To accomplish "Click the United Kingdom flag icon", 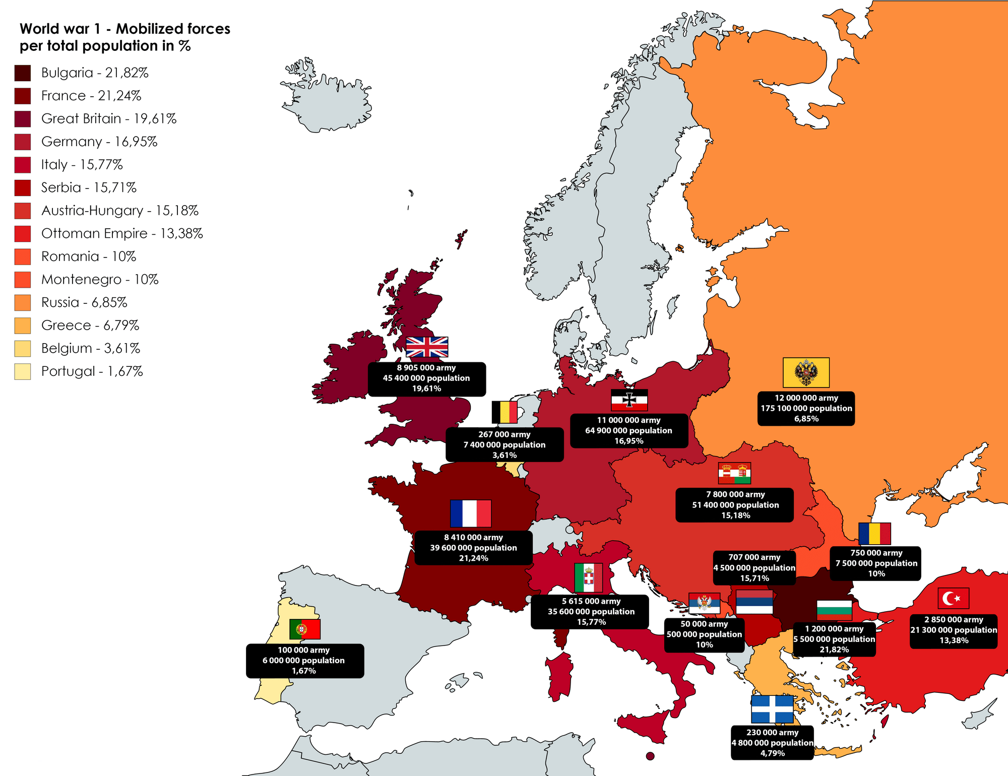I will coord(427,347).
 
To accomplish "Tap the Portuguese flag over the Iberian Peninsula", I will coord(305,629).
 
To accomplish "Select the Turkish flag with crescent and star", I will coord(953,598).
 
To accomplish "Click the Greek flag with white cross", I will coord(772,709).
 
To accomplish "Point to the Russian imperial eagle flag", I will coord(806,373).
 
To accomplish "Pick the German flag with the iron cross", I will coord(629,400).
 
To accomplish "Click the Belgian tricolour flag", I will coord(504,412).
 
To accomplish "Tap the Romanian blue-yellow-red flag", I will coord(874,534).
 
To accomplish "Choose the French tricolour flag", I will coord(470,513).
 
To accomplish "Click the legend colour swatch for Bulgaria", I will coord(23,73).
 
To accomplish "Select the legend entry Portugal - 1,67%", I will coord(92,371).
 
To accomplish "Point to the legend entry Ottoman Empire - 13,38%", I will coord(122,234).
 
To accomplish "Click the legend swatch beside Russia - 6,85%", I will coord(23,303).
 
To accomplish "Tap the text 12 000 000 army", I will coord(806,398).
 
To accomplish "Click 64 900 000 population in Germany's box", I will coord(628,430).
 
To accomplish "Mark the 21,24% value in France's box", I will coord(473,558).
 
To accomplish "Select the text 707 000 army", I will coord(754,557).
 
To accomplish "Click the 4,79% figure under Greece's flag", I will coord(772,753).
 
